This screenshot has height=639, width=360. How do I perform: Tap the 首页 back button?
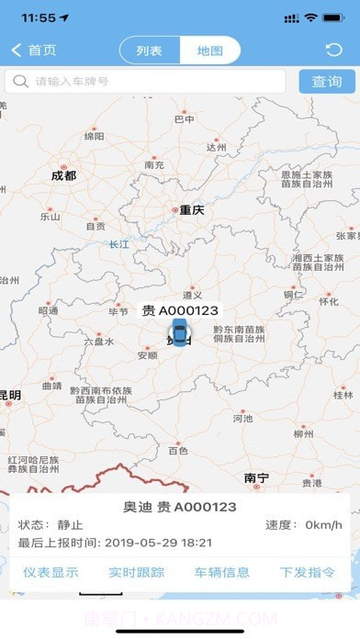click(34, 50)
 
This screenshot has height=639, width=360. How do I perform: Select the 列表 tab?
click(150, 50)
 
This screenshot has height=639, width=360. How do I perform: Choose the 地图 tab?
click(209, 50)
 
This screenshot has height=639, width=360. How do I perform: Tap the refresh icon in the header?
click(333, 50)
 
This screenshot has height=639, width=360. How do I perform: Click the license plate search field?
click(147, 82)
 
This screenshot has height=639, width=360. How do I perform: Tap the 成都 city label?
click(63, 175)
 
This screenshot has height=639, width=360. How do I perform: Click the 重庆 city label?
click(191, 210)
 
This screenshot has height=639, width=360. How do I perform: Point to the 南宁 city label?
click(257, 478)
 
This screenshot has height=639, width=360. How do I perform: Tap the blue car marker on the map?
click(178, 335)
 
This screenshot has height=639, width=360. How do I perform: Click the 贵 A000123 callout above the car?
click(180, 311)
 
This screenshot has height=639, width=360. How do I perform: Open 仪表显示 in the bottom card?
click(51, 572)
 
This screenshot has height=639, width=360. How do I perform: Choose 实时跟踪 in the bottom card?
click(136, 572)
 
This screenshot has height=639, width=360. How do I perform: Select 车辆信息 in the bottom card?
click(221, 572)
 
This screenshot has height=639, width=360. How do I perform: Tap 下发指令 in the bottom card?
click(307, 572)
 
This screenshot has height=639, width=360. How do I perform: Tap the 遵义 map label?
click(191, 295)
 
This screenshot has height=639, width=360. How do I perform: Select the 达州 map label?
click(216, 147)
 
